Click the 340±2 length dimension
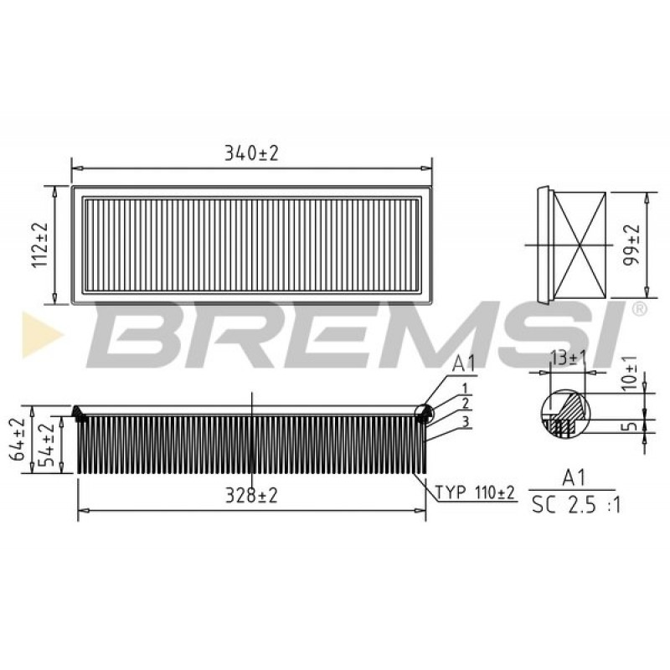(251, 153)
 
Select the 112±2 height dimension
(39, 245)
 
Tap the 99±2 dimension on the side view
(631, 245)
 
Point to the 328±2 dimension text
(251, 495)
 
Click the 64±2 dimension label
(18, 439)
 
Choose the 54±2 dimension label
(47, 445)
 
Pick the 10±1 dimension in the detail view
(630, 373)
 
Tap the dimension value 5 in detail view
(632, 425)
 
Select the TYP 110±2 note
(475, 492)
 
